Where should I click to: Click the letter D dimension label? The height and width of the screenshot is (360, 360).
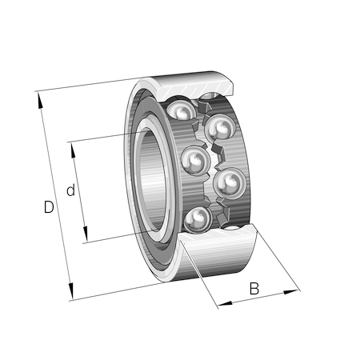[49, 206]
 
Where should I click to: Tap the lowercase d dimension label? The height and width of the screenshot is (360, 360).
[70, 190]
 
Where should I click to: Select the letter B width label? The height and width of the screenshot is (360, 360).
[254, 288]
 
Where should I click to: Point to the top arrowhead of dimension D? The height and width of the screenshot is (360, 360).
[40, 100]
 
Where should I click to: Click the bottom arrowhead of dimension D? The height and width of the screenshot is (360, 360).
[70, 291]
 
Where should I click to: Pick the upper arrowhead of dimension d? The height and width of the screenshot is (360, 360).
[73, 150]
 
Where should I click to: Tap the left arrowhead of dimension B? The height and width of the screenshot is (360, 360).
[226, 303]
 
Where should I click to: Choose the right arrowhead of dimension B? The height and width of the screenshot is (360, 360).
[290, 292]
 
